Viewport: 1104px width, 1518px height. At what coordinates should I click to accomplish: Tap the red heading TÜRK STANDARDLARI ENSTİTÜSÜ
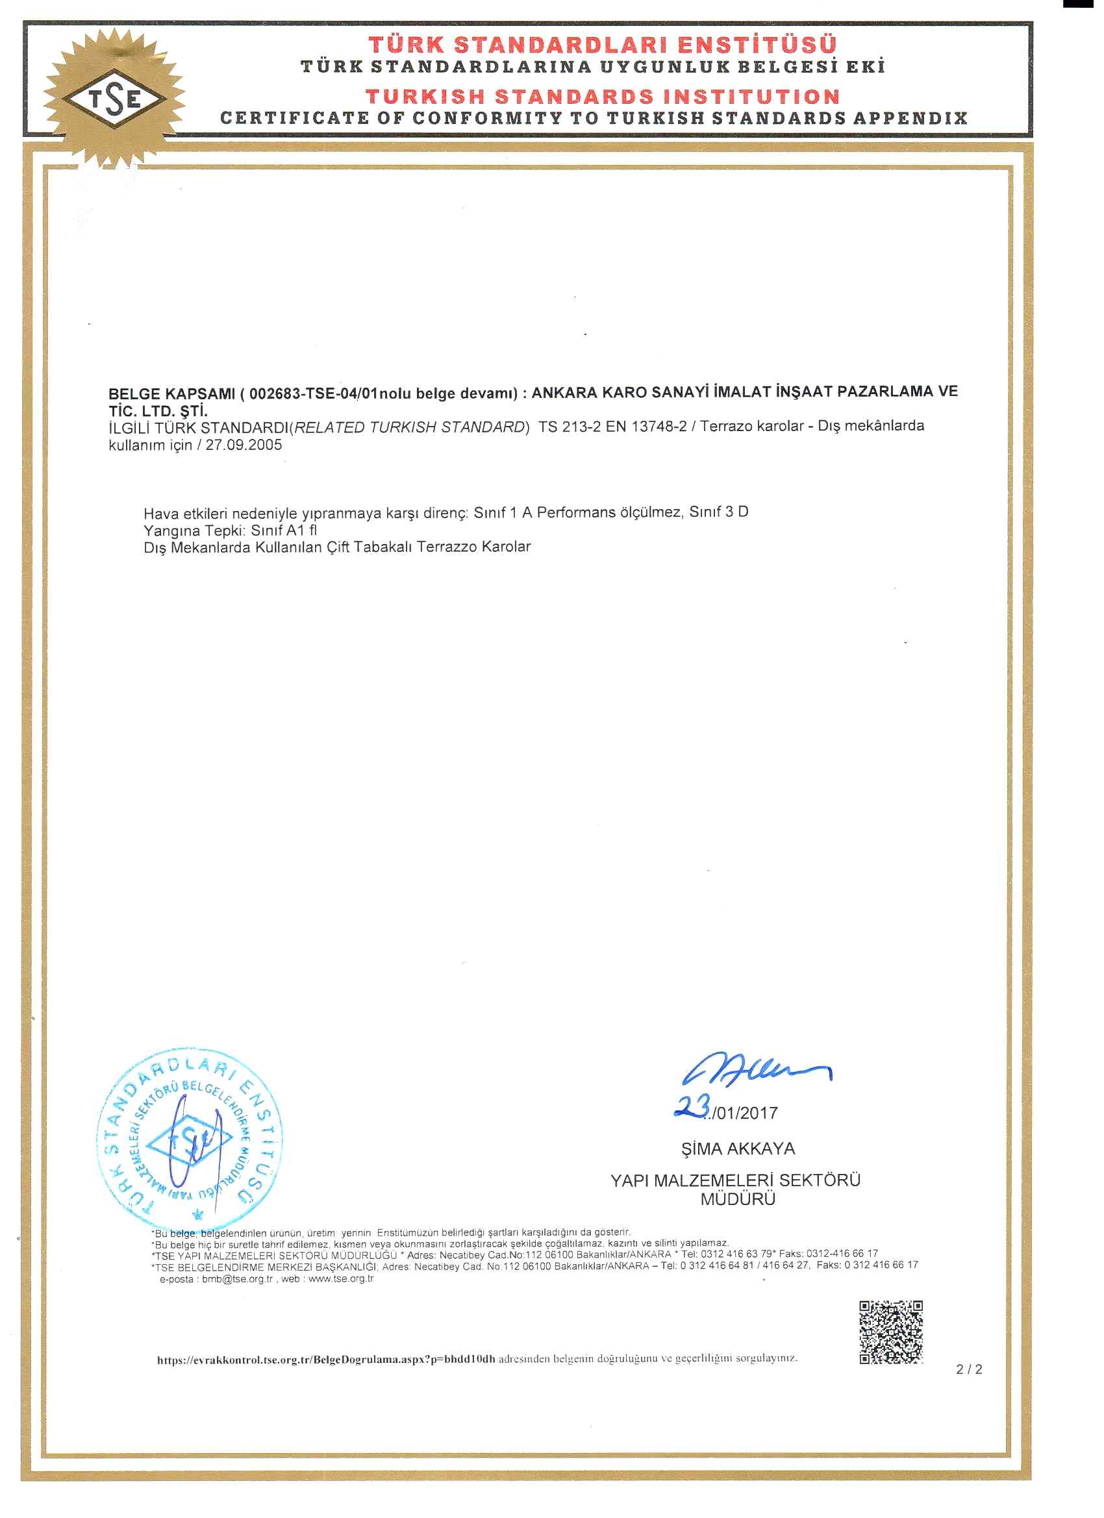pos(602,45)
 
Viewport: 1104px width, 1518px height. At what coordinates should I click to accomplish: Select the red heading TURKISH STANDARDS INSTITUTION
pos(602,96)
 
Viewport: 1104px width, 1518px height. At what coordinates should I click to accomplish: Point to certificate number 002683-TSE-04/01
pos(310,393)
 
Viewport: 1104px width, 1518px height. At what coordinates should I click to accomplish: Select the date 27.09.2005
pos(244,445)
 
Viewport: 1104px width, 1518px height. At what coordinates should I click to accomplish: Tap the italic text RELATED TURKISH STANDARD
pos(410,427)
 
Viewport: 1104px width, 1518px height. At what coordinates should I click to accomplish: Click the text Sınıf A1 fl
pos(284,530)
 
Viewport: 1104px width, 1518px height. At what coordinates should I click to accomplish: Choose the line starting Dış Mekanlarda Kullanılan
pos(337,547)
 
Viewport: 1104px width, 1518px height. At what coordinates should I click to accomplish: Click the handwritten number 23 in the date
pos(692,1108)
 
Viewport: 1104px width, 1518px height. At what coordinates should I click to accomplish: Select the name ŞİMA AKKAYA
pos(738,1149)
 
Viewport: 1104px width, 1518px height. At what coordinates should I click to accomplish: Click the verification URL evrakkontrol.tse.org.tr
pos(326,1360)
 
